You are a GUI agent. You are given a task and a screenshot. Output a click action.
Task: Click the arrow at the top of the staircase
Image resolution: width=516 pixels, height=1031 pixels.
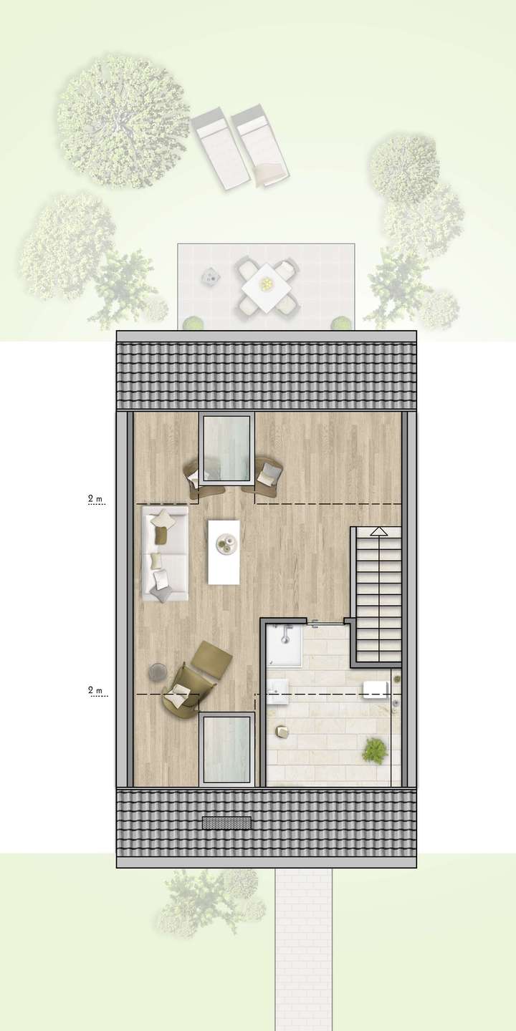(x=377, y=532)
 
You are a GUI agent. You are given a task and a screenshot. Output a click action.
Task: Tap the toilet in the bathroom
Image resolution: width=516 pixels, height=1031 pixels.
(x=376, y=690)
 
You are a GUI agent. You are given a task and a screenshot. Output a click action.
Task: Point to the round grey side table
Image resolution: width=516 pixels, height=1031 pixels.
(x=157, y=671)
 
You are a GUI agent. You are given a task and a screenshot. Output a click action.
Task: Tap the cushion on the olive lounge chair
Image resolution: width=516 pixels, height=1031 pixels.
(x=179, y=692)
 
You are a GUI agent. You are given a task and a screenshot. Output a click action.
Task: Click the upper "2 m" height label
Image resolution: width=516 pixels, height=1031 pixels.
(x=95, y=498)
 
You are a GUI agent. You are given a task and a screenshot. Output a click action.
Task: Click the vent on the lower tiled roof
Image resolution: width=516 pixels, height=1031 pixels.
(x=226, y=823)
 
